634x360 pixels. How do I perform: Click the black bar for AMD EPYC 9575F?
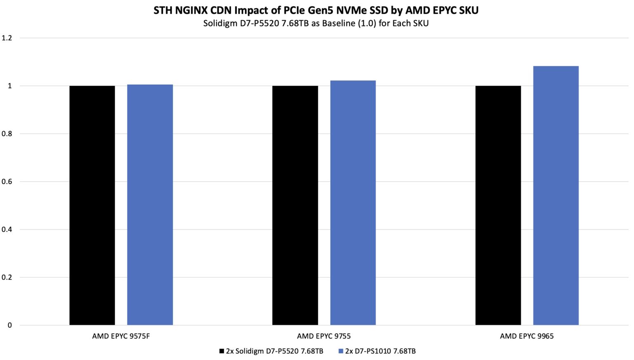[92, 205]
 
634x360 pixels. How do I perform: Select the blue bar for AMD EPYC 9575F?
[150, 205]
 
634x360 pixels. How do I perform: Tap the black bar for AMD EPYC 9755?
[295, 205]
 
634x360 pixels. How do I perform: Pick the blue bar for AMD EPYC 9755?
[353, 203]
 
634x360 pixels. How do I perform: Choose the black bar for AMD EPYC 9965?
[498, 205]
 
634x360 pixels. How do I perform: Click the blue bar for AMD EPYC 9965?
[556, 195]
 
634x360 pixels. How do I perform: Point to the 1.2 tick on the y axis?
[7, 38]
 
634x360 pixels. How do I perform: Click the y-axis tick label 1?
[9, 86]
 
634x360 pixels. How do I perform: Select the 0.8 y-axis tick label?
[7, 134]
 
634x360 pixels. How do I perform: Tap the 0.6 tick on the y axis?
[7, 182]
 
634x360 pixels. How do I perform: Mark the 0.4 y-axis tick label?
[7, 230]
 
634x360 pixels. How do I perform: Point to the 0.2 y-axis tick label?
[7, 277]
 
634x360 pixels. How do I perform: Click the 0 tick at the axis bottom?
[9, 325]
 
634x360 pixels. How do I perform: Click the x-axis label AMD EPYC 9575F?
[121, 336]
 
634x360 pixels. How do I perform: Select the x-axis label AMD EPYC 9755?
[324, 336]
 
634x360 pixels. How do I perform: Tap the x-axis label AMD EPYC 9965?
[527, 336]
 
